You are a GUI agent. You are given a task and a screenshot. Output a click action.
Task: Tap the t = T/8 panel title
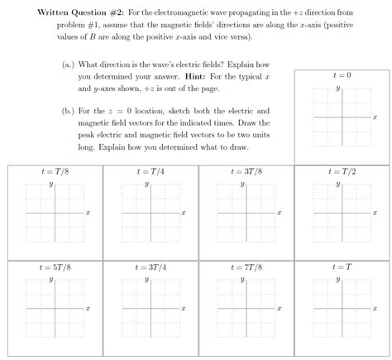(55, 171)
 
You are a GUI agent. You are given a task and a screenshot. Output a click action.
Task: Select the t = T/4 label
(151, 171)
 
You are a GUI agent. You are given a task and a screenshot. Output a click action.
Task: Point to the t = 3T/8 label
(246, 171)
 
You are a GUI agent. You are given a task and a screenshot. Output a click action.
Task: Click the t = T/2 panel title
(342, 171)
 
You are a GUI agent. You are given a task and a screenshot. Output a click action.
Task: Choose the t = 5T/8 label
(55, 267)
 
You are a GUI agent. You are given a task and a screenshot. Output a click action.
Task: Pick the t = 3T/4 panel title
(151, 267)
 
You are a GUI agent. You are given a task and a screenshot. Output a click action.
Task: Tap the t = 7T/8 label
(246, 267)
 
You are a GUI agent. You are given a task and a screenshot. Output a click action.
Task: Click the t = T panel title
(342, 267)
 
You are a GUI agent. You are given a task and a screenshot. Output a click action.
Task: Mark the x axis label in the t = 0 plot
(375, 118)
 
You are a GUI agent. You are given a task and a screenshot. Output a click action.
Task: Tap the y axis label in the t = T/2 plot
(337, 184)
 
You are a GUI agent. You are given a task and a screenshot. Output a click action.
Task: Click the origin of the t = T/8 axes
(55, 214)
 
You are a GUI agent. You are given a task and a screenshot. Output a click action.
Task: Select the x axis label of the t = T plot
(375, 310)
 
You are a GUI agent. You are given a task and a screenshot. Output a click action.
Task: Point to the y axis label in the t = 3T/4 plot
(146, 280)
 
